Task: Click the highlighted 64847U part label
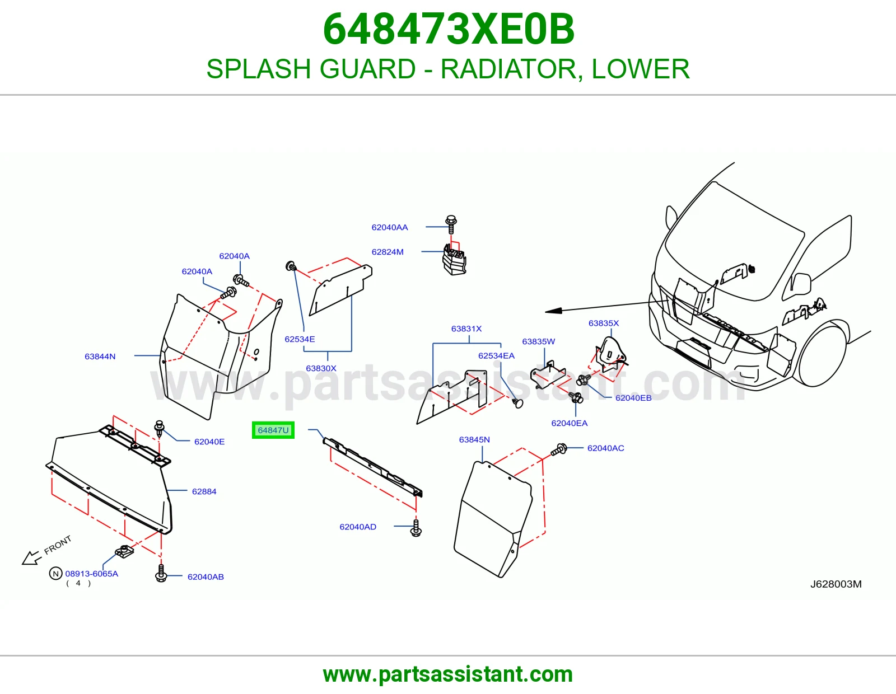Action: (x=273, y=430)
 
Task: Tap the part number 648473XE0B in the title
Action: (x=449, y=29)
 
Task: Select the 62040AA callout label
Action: (x=390, y=227)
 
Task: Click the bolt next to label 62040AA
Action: (x=451, y=224)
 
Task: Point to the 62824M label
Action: (x=388, y=252)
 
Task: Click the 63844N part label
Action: (x=100, y=357)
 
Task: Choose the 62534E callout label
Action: (x=300, y=339)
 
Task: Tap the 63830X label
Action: (x=321, y=368)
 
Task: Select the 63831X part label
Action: (x=466, y=329)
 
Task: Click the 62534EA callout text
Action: (x=497, y=355)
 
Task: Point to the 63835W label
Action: (x=539, y=341)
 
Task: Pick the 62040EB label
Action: (x=633, y=398)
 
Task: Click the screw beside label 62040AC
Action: (x=559, y=449)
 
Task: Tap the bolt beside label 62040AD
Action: (x=416, y=528)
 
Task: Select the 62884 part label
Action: (x=204, y=491)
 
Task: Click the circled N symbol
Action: (x=55, y=573)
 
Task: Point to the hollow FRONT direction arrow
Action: (x=32, y=558)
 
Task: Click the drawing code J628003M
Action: (x=836, y=584)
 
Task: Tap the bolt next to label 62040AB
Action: (x=161, y=573)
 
